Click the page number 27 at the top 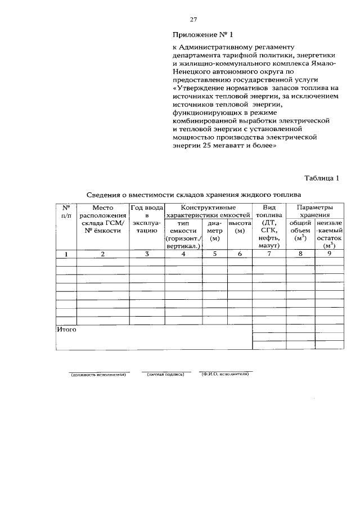point(193,20)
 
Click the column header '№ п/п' point(66,211)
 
